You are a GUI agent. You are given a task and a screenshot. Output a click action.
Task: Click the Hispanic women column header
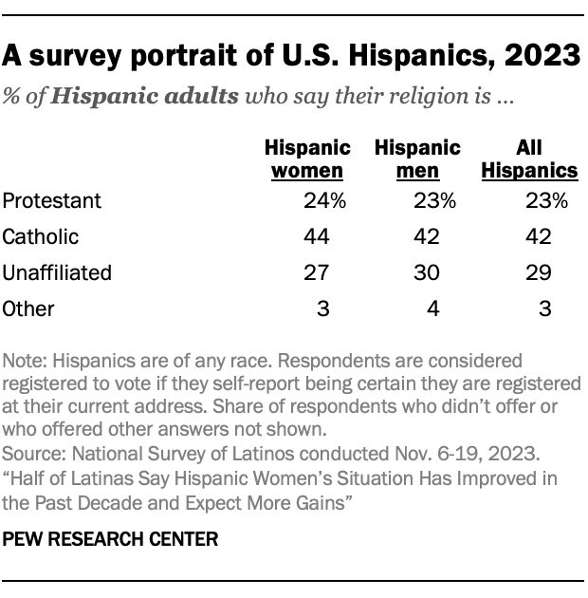tap(306, 159)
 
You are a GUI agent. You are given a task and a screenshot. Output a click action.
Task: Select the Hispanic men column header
tap(417, 159)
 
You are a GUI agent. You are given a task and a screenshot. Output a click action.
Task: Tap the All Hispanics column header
tap(530, 159)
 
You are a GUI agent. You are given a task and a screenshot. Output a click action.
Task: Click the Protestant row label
tap(51, 200)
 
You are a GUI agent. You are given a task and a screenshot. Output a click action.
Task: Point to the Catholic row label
tap(41, 236)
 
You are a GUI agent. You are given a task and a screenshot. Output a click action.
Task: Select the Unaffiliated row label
tap(58, 272)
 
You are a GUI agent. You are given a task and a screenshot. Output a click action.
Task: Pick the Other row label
tap(29, 308)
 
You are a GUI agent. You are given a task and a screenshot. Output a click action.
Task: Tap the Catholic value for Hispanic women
tap(316, 236)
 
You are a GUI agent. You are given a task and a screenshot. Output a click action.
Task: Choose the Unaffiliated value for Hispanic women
tap(316, 272)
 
